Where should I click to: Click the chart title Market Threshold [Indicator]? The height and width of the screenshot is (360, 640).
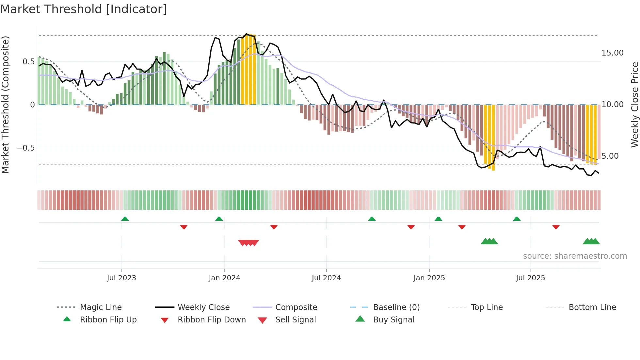click(x=84, y=9)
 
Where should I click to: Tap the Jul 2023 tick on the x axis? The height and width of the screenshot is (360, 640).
click(x=121, y=278)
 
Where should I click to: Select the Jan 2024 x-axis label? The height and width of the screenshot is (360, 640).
click(x=224, y=278)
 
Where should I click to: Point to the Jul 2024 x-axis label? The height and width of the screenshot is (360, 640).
click(x=326, y=278)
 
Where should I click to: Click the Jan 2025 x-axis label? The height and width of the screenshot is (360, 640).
click(x=429, y=278)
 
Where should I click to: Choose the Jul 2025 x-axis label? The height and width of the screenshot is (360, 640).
click(x=531, y=278)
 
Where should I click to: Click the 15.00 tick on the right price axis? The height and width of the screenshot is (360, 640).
click(x=612, y=53)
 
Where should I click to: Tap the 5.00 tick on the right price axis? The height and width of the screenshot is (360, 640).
click(x=610, y=156)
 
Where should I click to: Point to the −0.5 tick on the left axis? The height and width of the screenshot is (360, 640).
click(x=26, y=148)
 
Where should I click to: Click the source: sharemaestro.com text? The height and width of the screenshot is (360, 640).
click(x=575, y=256)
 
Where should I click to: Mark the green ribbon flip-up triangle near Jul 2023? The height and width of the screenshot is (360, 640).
click(x=125, y=219)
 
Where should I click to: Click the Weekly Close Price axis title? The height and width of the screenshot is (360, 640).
click(x=634, y=105)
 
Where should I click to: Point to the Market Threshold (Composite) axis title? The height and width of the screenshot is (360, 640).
click(x=5, y=105)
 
